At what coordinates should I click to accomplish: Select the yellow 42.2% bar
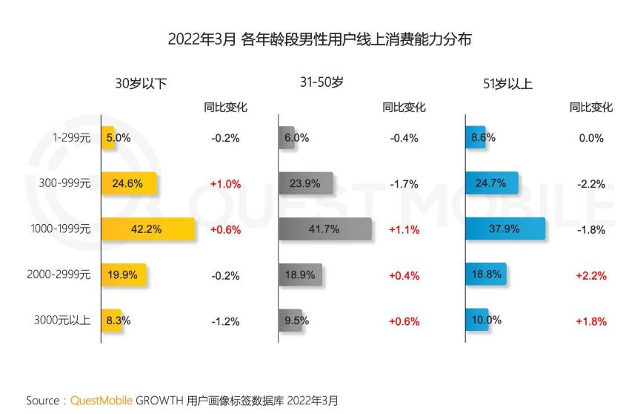pos(147,229)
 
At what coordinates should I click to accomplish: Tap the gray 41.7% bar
pos(324,229)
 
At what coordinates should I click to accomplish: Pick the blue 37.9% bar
pos(505,229)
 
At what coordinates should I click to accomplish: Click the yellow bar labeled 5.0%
pos(108,138)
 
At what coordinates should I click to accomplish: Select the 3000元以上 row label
pos(62,321)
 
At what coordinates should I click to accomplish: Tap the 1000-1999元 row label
pos(59,229)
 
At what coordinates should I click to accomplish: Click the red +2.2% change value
pos(590,275)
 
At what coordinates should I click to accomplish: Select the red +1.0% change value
pos(225,184)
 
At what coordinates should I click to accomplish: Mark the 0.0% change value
pos(590,138)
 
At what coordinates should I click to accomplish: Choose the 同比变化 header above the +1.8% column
pos(590,108)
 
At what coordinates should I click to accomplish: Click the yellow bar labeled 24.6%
pos(128,184)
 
